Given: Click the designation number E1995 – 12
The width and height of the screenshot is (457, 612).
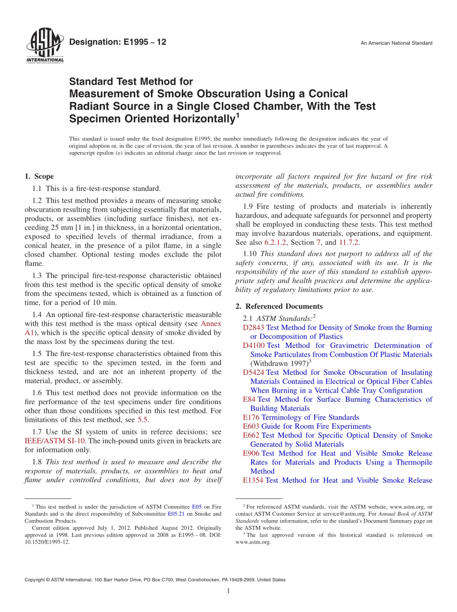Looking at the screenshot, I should coord(118,42).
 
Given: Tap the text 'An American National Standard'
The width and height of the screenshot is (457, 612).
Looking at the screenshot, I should coord(396,43).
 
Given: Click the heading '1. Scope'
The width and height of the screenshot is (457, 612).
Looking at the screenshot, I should coord(39,177).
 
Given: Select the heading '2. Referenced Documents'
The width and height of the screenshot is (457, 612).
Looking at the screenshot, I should coord(279,306).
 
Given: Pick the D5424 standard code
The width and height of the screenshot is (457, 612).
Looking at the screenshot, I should coord(254,372).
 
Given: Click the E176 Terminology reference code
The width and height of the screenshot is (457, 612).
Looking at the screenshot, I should coord(251,417).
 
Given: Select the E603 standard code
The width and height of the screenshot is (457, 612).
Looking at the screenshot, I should coord(251,426).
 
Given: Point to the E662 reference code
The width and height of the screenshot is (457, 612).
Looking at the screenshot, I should coord(251,435).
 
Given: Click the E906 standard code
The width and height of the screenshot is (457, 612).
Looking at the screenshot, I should coord(251,453).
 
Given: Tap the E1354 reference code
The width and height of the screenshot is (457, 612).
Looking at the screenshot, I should coord(253,480).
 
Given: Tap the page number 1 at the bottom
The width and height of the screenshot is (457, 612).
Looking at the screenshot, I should coord(228,591).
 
